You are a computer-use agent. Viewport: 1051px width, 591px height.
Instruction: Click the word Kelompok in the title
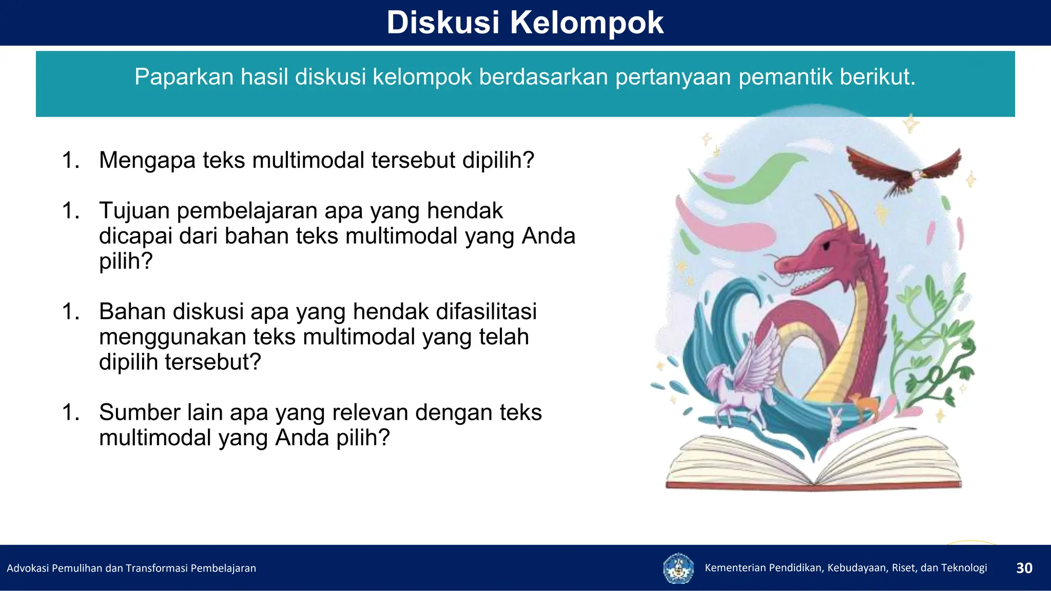point(587,23)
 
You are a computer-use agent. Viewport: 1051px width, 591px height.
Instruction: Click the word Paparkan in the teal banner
point(184,77)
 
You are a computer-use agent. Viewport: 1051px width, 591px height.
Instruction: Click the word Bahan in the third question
point(132,312)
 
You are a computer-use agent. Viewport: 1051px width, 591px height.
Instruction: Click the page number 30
point(1024,568)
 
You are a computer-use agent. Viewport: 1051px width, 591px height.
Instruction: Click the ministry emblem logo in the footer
point(678,568)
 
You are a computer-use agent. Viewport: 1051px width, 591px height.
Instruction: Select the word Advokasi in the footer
point(28,568)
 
